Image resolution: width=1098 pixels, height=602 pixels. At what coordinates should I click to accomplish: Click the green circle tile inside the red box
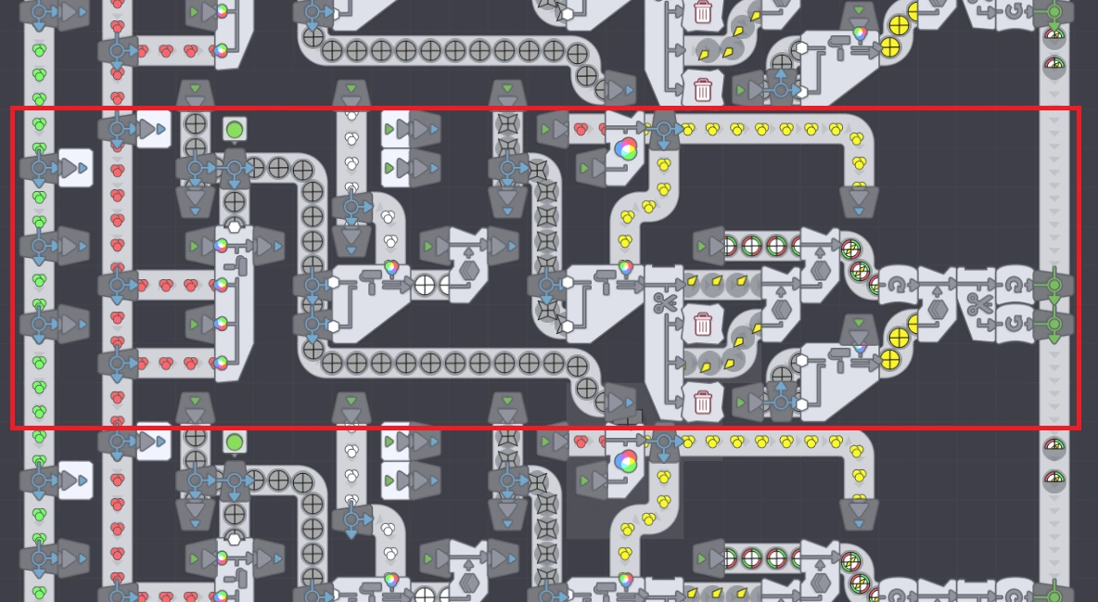pyautogui.click(x=235, y=129)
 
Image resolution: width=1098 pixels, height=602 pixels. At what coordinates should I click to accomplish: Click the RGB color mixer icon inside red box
pyautogui.click(x=626, y=149)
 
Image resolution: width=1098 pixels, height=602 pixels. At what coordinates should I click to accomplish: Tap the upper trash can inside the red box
pyautogui.click(x=703, y=324)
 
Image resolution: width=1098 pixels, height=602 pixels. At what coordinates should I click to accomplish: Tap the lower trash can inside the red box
pyautogui.click(x=703, y=402)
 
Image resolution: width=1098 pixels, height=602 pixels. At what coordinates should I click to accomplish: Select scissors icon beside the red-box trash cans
pyautogui.click(x=664, y=302)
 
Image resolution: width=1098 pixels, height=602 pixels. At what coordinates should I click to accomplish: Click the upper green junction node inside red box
pyautogui.click(x=1053, y=285)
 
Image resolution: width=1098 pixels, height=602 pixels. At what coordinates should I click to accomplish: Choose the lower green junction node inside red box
pyautogui.click(x=1053, y=325)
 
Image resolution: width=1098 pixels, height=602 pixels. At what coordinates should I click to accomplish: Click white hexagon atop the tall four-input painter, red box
pyautogui.click(x=235, y=227)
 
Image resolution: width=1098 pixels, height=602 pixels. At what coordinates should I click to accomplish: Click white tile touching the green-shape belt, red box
pyautogui.click(x=75, y=168)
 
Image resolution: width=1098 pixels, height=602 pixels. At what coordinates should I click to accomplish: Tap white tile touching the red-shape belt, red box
pyautogui.click(x=153, y=129)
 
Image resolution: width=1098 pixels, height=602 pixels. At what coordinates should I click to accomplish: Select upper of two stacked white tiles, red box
pyautogui.click(x=396, y=129)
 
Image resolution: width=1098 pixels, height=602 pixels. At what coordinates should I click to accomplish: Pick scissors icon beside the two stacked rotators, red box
pyautogui.click(x=978, y=303)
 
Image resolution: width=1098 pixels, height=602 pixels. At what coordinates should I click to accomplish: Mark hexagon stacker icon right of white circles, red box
pyautogui.click(x=469, y=271)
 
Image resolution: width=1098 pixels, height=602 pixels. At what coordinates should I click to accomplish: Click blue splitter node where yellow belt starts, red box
pyautogui.click(x=664, y=130)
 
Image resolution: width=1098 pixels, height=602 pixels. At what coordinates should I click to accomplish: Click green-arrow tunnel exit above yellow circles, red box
pyautogui.click(x=859, y=326)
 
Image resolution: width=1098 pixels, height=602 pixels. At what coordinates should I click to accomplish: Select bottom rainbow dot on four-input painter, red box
pyautogui.click(x=221, y=363)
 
